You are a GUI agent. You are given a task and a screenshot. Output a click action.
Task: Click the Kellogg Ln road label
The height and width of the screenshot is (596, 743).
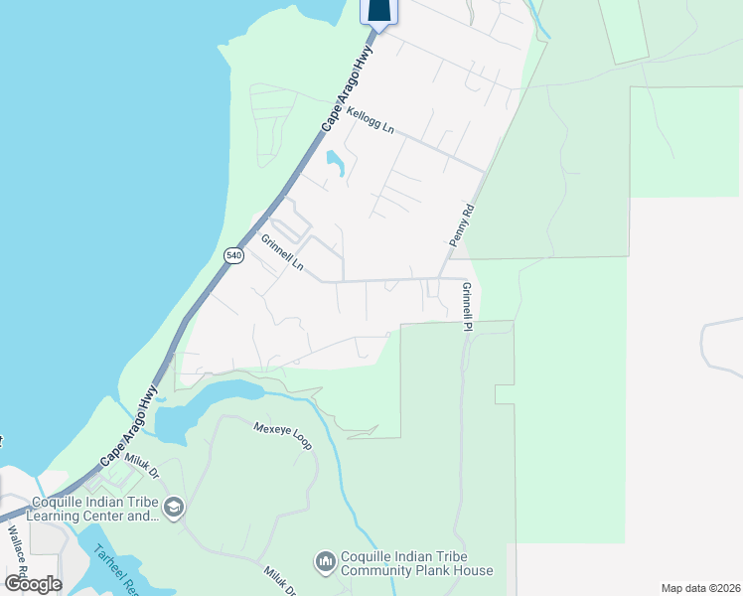(x=371, y=123)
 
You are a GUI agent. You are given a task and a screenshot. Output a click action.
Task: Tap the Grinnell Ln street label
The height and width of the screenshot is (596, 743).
(x=282, y=253)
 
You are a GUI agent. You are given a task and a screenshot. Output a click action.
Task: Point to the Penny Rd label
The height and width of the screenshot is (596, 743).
(x=458, y=226)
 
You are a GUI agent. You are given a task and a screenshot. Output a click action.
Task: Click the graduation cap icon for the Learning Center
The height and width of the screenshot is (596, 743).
(x=174, y=508)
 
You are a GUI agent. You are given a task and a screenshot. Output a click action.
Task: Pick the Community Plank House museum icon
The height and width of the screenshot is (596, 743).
(x=325, y=563)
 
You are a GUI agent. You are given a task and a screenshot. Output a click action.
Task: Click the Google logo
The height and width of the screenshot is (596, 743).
(x=33, y=584)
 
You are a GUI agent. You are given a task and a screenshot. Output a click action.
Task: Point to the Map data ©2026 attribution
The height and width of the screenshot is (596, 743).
(x=699, y=588)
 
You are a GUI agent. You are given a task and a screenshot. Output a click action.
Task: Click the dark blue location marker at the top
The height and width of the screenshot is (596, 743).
(x=378, y=10)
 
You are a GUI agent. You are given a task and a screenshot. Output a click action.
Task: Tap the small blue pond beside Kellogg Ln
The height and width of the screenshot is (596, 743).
(x=335, y=163)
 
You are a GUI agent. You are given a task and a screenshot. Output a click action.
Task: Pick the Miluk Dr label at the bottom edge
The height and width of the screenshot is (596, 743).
(x=280, y=580)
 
